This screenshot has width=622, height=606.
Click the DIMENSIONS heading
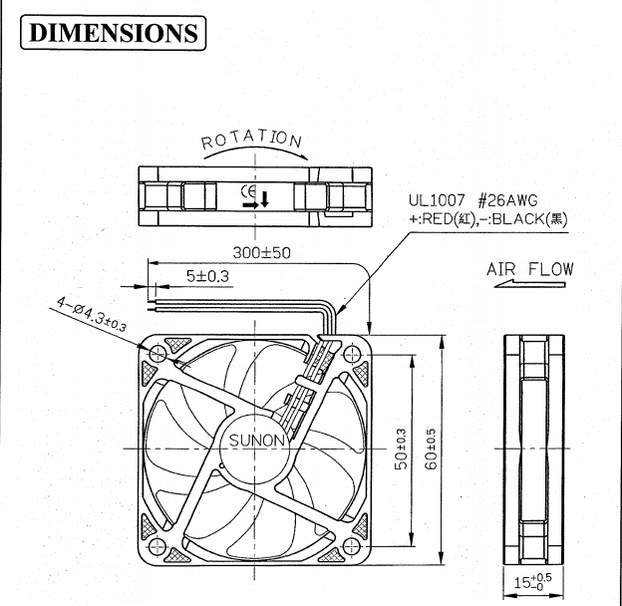[113, 32]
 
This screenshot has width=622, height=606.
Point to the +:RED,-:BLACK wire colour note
[485, 220]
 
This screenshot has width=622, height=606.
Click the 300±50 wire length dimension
[260, 253]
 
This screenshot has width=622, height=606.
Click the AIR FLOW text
[529, 269]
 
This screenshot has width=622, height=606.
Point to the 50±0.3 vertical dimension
[401, 452]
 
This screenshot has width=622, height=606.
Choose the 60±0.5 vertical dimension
[430, 452]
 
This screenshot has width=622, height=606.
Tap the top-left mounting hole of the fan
[158, 354]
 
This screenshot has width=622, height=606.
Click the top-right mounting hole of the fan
[351, 354]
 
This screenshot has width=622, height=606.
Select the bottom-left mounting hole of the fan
[158, 546]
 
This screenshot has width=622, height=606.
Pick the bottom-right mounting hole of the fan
[351, 546]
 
